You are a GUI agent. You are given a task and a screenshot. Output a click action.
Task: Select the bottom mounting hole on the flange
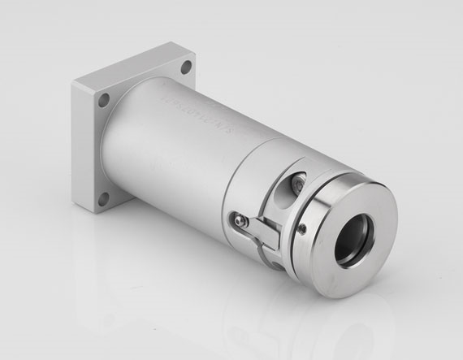click(x=102, y=197)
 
